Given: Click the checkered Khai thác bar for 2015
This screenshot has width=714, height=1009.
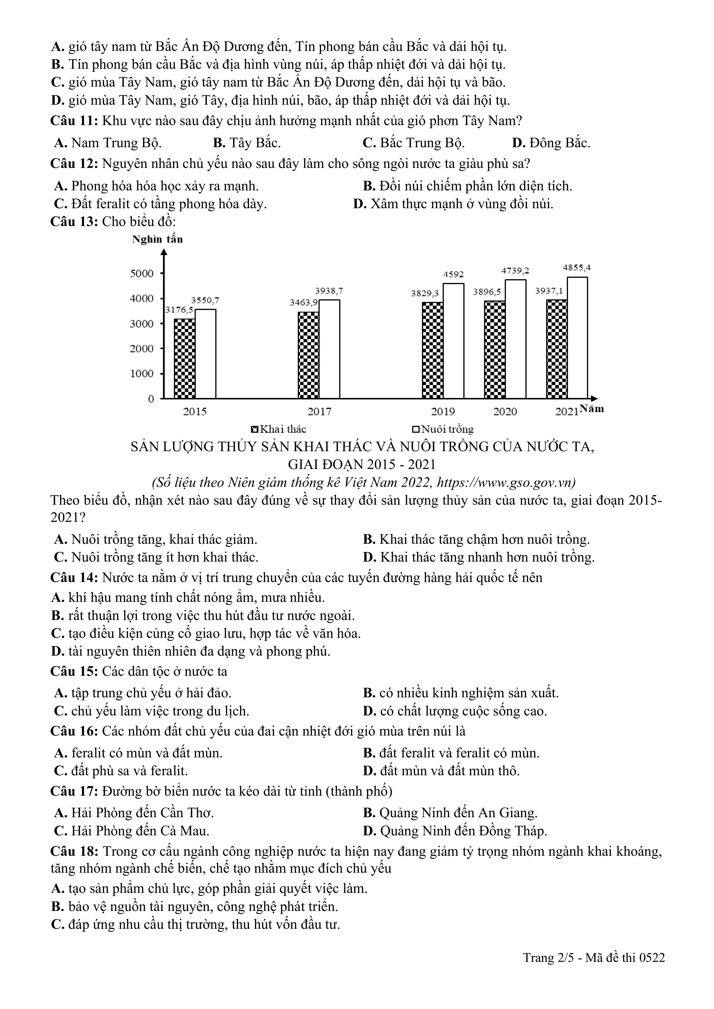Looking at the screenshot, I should pyautogui.click(x=185, y=359).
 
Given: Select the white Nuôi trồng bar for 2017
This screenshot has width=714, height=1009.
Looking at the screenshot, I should pyautogui.click(x=329, y=349).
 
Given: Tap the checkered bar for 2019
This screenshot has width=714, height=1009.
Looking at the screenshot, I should pyautogui.click(x=433, y=350).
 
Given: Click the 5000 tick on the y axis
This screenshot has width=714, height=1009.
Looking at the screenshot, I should pyautogui.click(x=142, y=273).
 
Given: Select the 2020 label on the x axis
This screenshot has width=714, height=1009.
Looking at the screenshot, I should pyautogui.click(x=505, y=412).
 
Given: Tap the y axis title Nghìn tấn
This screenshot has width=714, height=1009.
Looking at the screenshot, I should pyautogui.click(x=157, y=239).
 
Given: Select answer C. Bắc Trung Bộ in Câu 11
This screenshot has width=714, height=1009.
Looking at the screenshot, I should pyautogui.click(x=414, y=143).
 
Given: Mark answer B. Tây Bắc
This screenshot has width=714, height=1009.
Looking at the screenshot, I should pyautogui.click(x=247, y=143).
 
